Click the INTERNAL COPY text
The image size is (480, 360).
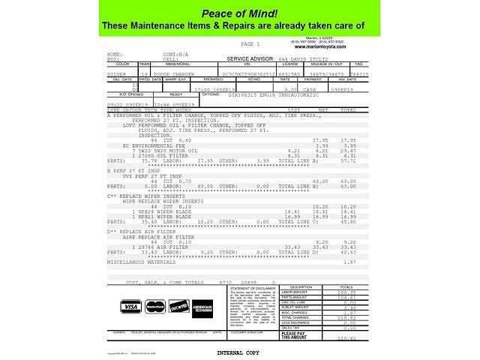pos(238,352)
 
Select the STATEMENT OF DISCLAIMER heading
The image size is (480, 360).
pos(254,288)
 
